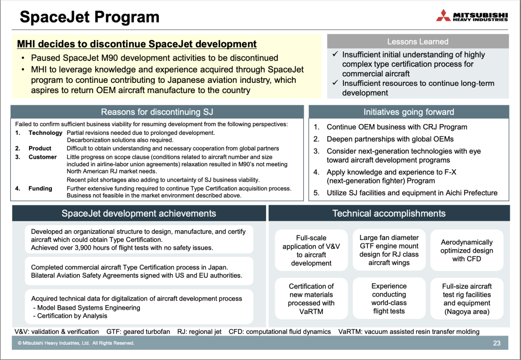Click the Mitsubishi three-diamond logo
tap(443, 16)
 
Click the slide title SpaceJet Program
tap(90, 17)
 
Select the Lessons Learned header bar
tap(418, 42)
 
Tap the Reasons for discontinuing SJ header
tap(157, 112)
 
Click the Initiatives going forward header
tap(409, 112)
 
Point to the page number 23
tap(497, 343)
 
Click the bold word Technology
tap(45, 133)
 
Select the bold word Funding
tap(40, 189)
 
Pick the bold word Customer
tap(43, 157)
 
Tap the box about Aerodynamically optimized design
tap(467, 250)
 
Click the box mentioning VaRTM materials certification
tap(311, 298)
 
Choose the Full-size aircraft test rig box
tap(467, 298)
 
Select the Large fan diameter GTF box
tap(389, 250)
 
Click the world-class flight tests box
tap(389, 298)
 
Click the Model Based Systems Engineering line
tap(86, 308)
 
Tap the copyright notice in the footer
tap(76, 343)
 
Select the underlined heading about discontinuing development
tap(137, 44)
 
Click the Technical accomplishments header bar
tap(389, 213)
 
